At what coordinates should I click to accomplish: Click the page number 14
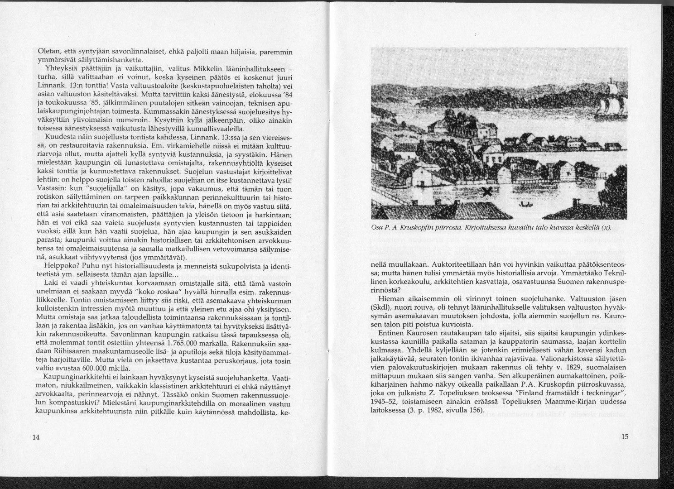[37, 437]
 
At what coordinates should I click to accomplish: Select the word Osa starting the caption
[376, 227]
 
